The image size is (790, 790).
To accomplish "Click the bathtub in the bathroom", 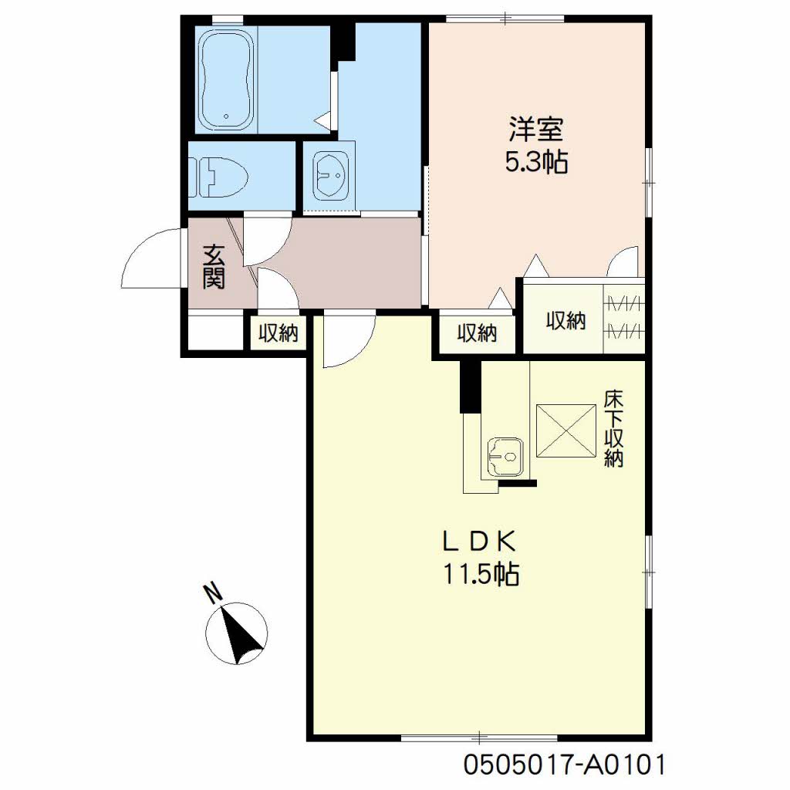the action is [x=226, y=79].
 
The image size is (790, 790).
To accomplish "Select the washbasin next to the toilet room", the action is [x=331, y=177].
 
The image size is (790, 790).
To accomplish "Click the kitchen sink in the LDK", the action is [x=505, y=457].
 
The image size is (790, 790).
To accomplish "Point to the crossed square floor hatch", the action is [x=566, y=430].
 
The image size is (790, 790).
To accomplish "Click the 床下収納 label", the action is [x=613, y=428].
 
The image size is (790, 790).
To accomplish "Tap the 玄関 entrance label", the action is [x=214, y=266].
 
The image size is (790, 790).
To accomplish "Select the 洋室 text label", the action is [x=536, y=129].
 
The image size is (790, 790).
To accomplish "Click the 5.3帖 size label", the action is [x=537, y=162].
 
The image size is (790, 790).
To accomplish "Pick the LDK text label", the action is [x=479, y=542].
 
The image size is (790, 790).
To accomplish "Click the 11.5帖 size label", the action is [x=481, y=574].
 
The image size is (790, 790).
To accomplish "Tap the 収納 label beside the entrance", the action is [x=278, y=333].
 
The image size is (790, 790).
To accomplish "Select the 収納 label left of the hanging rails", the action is [x=565, y=320].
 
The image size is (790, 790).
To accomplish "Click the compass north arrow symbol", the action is [x=237, y=633].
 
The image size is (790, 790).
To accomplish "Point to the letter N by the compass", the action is [x=213, y=593].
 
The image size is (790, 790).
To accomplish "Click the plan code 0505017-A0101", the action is [x=565, y=765].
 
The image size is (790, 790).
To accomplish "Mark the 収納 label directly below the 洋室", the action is [x=477, y=333].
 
